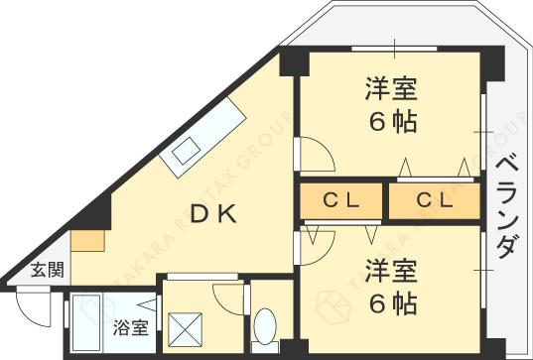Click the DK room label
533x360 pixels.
(x=213, y=214)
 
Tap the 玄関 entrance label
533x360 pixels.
(x=48, y=271)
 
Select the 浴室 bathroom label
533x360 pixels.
(x=131, y=327)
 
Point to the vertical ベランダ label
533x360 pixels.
(x=507, y=206)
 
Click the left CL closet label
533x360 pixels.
(x=341, y=200)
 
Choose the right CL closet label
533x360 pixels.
(x=435, y=200)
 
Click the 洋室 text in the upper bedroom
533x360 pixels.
(x=391, y=89)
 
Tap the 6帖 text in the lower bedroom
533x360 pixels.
(x=393, y=303)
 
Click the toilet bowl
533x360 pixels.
(x=265, y=325)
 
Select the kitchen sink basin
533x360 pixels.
(x=186, y=151)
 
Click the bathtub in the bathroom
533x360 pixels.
(x=86, y=322)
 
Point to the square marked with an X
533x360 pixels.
(x=186, y=330)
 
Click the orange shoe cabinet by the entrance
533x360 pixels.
(x=87, y=241)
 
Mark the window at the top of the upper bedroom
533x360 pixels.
(x=394, y=49)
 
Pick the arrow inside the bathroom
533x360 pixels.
(x=148, y=305)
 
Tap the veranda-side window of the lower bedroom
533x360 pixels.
(x=483, y=270)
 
